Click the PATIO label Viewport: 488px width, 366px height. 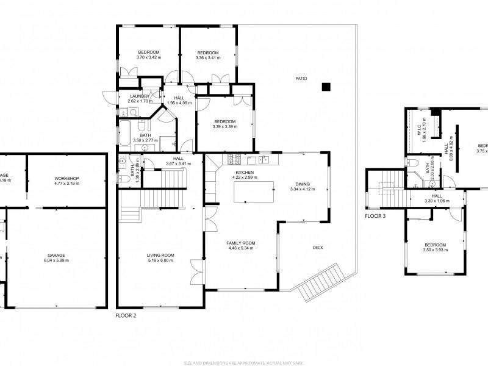pyautogui.click(x=301, y=79)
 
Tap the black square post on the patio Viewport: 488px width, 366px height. pyautogui.click(x=326, y=86)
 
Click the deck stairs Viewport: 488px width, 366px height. pyautogui.click(x=318, y=282)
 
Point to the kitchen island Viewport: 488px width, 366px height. pyautogui.click(x=253, y=192)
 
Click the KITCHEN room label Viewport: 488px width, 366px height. pyautogui.click(x=244, y=173)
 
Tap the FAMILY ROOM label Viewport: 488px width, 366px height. pyautogui.click(x=241, y=243)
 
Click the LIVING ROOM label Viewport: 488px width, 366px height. pyautogui.click(x=160, y=255)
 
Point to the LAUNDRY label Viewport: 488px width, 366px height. pyautogui.click(x=138, y=96)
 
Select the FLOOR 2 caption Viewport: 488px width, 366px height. pyautogui.click(x=126, y=317)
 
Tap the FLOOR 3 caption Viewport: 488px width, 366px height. pyautogui.click(x=376, y=216)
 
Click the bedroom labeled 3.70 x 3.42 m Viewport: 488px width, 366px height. pyautogui.click(x=148, y=55)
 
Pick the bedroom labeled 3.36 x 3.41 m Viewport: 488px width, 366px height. pyautogui.click(x=208, y=55)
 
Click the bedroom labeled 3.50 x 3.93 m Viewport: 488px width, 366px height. pyautogui.click(x=435, y=248)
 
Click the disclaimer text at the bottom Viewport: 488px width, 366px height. pyautogui.click(x=244, y=362)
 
